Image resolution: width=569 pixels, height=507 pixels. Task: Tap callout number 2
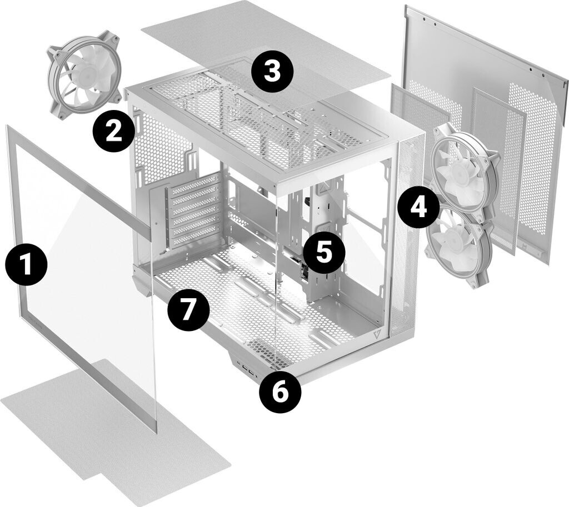point(113,130)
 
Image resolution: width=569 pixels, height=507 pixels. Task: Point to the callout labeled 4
point(419,207)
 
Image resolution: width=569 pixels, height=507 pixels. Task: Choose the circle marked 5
point(323,252)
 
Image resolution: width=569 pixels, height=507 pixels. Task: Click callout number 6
point(280,393)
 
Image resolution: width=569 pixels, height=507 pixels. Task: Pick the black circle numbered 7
point(188,310)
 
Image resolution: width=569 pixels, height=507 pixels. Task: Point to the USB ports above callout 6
point(244,368)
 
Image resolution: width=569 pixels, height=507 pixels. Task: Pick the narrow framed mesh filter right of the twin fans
point(498,167)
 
